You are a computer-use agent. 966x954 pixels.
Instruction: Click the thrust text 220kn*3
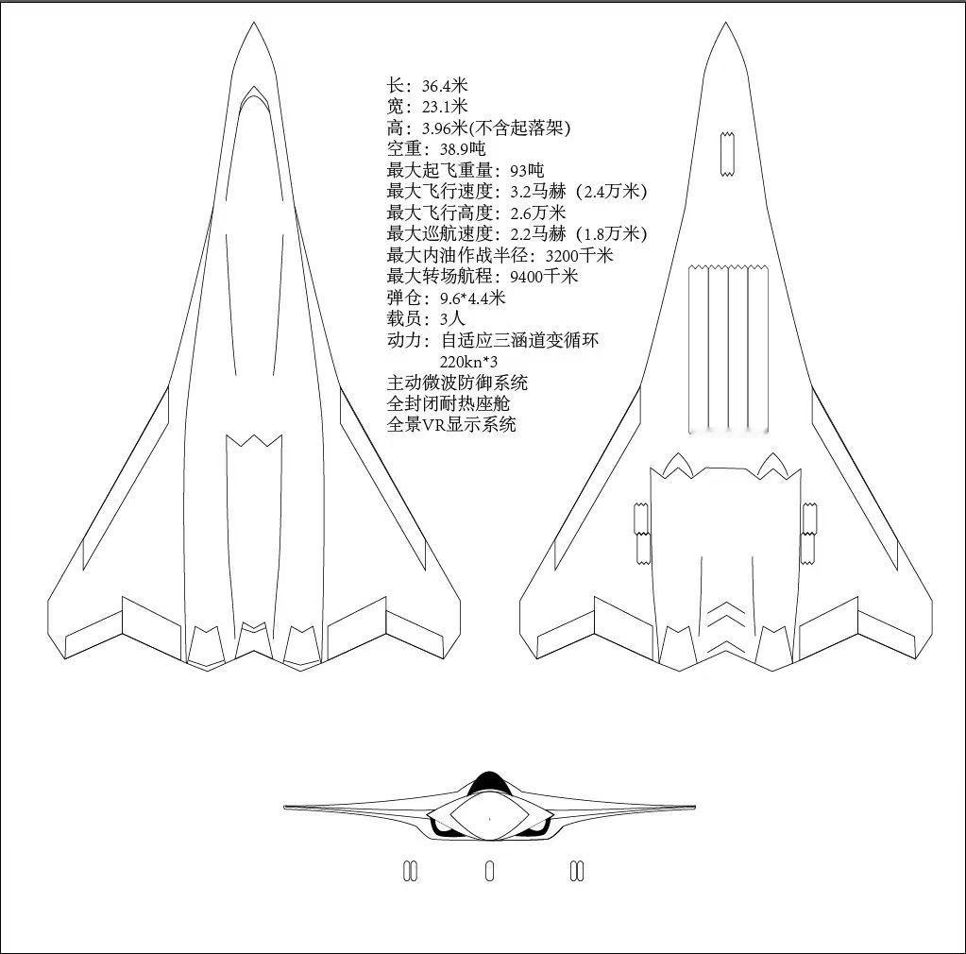[x=468, y=361]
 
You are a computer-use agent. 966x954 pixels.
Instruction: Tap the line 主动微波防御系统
[x=457, y=383]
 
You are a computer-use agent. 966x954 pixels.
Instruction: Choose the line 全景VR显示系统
[x=451, y=424]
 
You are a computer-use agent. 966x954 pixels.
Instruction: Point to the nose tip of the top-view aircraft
[x=252, y=25]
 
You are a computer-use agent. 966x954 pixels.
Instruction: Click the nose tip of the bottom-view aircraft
[x=724, y=25]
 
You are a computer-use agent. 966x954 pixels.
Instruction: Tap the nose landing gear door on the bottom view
[x=725, y=154]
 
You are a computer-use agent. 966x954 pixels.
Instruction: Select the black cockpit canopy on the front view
[x=488, y=782]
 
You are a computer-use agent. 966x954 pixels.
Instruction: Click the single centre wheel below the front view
[x=489, y=871]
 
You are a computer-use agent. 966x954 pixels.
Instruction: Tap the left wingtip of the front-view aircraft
[x=287, y=808]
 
